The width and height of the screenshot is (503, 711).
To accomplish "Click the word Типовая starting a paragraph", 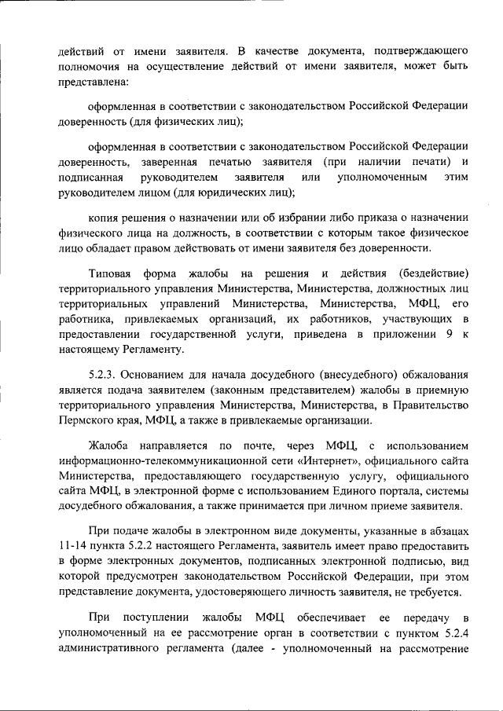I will point(111,273).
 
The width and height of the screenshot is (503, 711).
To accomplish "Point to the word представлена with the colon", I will point(94,81).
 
